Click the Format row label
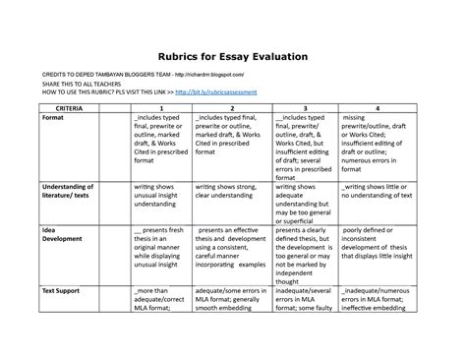[x=55, y=116]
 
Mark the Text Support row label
[x=61, y=292]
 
